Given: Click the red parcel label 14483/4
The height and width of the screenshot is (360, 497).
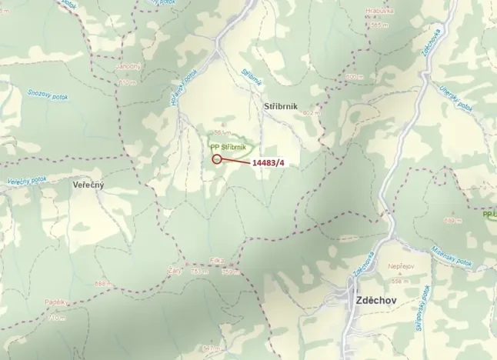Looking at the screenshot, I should pos(269,163).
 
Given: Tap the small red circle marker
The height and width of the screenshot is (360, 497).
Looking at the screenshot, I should pos(217,159).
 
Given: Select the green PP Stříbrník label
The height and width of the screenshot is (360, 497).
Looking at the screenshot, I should pos(228,146).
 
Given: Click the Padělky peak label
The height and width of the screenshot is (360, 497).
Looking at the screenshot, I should pos(56,302).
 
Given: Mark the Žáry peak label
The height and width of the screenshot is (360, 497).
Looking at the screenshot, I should pos(175,270).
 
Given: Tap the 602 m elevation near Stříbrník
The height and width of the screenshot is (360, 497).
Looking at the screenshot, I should pos(311,113).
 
